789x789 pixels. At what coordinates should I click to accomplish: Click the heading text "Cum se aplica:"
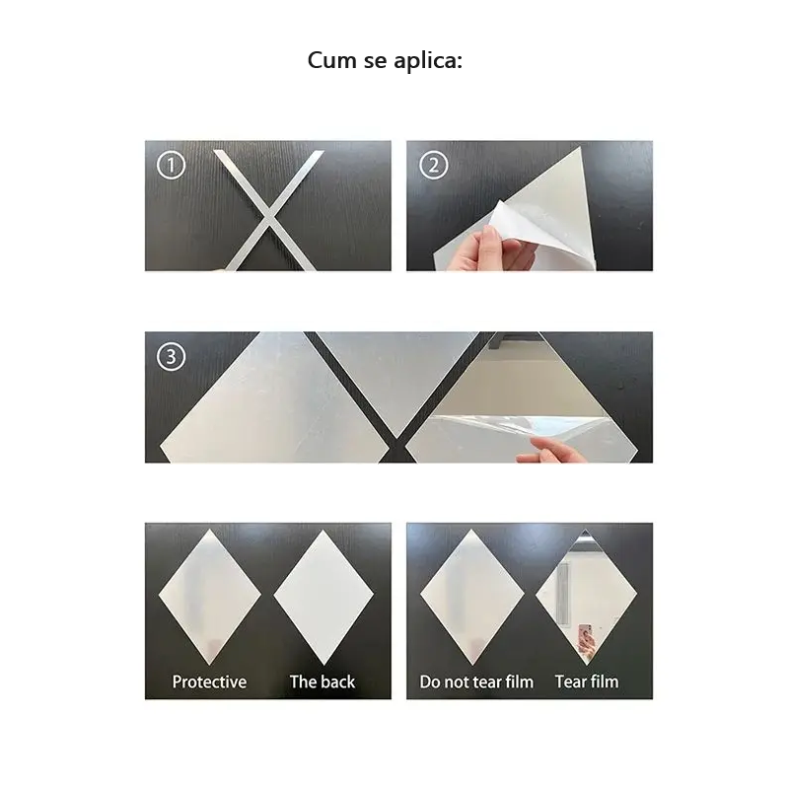click(385, 60)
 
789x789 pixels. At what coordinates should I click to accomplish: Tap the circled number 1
click(171, 165)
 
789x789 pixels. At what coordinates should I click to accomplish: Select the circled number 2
click(433, 165)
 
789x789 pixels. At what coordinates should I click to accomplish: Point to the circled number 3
click(171, 356)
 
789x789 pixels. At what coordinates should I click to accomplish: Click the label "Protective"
click(209, 681)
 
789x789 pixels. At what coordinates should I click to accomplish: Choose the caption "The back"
click(323, 681)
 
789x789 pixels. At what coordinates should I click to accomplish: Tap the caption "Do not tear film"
click(476, 681)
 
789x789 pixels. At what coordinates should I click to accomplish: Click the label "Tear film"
click(587, 681)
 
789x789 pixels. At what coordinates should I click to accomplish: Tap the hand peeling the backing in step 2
click(485, 250)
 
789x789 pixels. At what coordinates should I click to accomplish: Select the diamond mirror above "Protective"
click(210, 597)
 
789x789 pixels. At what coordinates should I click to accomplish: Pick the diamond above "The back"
click(323, 598)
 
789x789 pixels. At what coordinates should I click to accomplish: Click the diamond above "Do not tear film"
click(472, 597)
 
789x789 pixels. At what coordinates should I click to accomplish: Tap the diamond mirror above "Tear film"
click(586, 597)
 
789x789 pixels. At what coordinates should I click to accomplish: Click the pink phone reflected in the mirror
click(585, 635)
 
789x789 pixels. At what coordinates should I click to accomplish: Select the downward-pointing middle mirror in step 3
click(397, 378)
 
